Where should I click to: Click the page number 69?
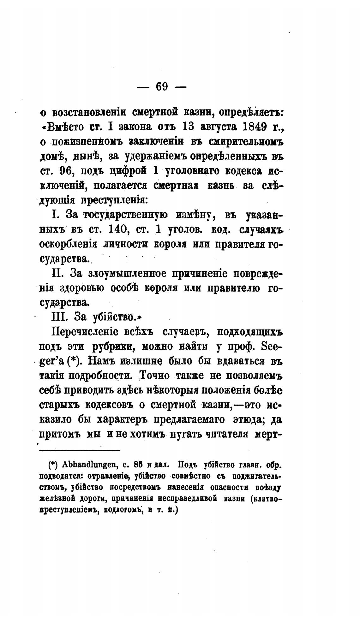[x=161, y=86]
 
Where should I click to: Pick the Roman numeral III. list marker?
[x=61, y=317]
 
